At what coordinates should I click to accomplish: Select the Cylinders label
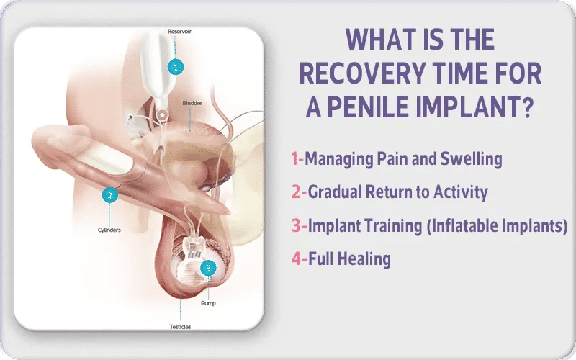tap(109, 230)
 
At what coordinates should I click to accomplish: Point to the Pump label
tap(208, 303)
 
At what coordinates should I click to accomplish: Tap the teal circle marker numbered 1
tap(174, 67)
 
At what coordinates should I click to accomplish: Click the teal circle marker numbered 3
tap(209, 268)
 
